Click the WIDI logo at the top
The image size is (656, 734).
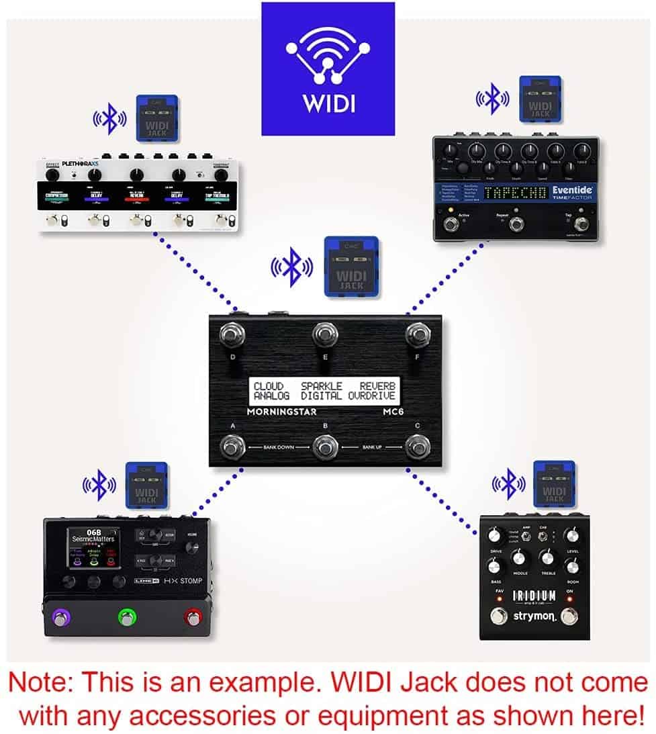(x=328, y=68)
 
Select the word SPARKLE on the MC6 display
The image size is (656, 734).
(x=321, y=386)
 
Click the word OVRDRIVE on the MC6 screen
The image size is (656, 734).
(x=373, y=396)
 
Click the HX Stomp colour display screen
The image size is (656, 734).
(x=93, y=547)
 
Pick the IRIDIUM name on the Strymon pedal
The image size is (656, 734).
(x=534, y=596)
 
